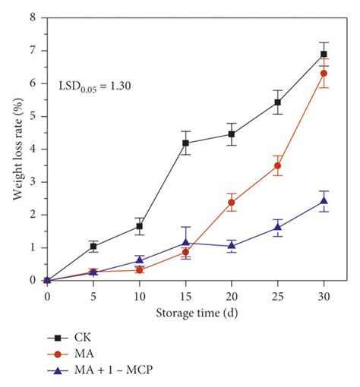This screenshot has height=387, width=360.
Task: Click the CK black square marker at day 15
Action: pos(185,143)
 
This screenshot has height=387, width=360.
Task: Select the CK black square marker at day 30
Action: pos(324,54)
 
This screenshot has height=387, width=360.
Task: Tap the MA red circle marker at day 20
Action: pos(232,202)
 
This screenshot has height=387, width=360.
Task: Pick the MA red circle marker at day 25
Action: pos(278,165)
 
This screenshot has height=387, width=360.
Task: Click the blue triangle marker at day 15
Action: pos(185,243)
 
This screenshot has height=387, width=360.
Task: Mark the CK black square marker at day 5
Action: pos(93,246)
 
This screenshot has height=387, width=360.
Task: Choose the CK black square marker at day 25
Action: pos(278,102)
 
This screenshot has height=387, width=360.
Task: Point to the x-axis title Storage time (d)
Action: pos(185,313)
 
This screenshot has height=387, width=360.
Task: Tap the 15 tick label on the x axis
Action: pos(185,294)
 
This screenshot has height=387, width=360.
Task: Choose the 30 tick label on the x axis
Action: pos(324,294)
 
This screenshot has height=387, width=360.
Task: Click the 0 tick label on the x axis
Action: pos(47,294)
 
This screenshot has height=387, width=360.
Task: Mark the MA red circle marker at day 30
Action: pos(324,73)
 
